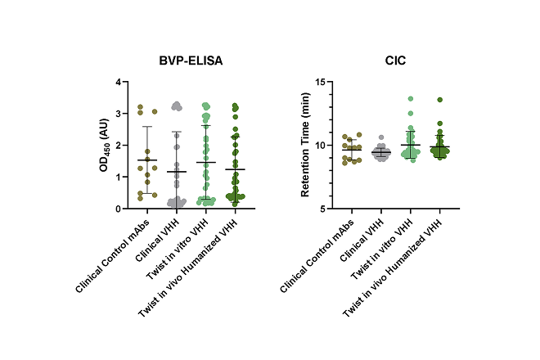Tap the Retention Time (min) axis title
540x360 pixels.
pyautogui.click(x=305, y=146)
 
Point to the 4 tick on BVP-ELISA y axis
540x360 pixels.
pyautogui.click(x=118, y=83)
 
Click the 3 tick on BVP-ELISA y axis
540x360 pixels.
pyautogui.click(x=118, y=114)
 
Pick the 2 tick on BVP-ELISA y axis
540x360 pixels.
pyautogui.click(x=118, y=146)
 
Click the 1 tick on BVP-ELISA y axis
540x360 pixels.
pyautogui.click(x=118, y=177)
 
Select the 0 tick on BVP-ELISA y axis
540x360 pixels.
pyautogui.click(x=118, y=209)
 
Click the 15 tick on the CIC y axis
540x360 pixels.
pyautogui.click(x=321, y=83)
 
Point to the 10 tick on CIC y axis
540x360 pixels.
pyautogui.click(x=321, y=146)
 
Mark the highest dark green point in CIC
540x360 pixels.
pyautogui.click(x=439, y=100)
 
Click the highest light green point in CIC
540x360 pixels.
pyautogui.click(x=412, y=99)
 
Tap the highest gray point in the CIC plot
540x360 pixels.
pyautogui.click(x=381, y=138)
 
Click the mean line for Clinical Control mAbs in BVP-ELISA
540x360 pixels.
pyautogui.click(x=148, y=160)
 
